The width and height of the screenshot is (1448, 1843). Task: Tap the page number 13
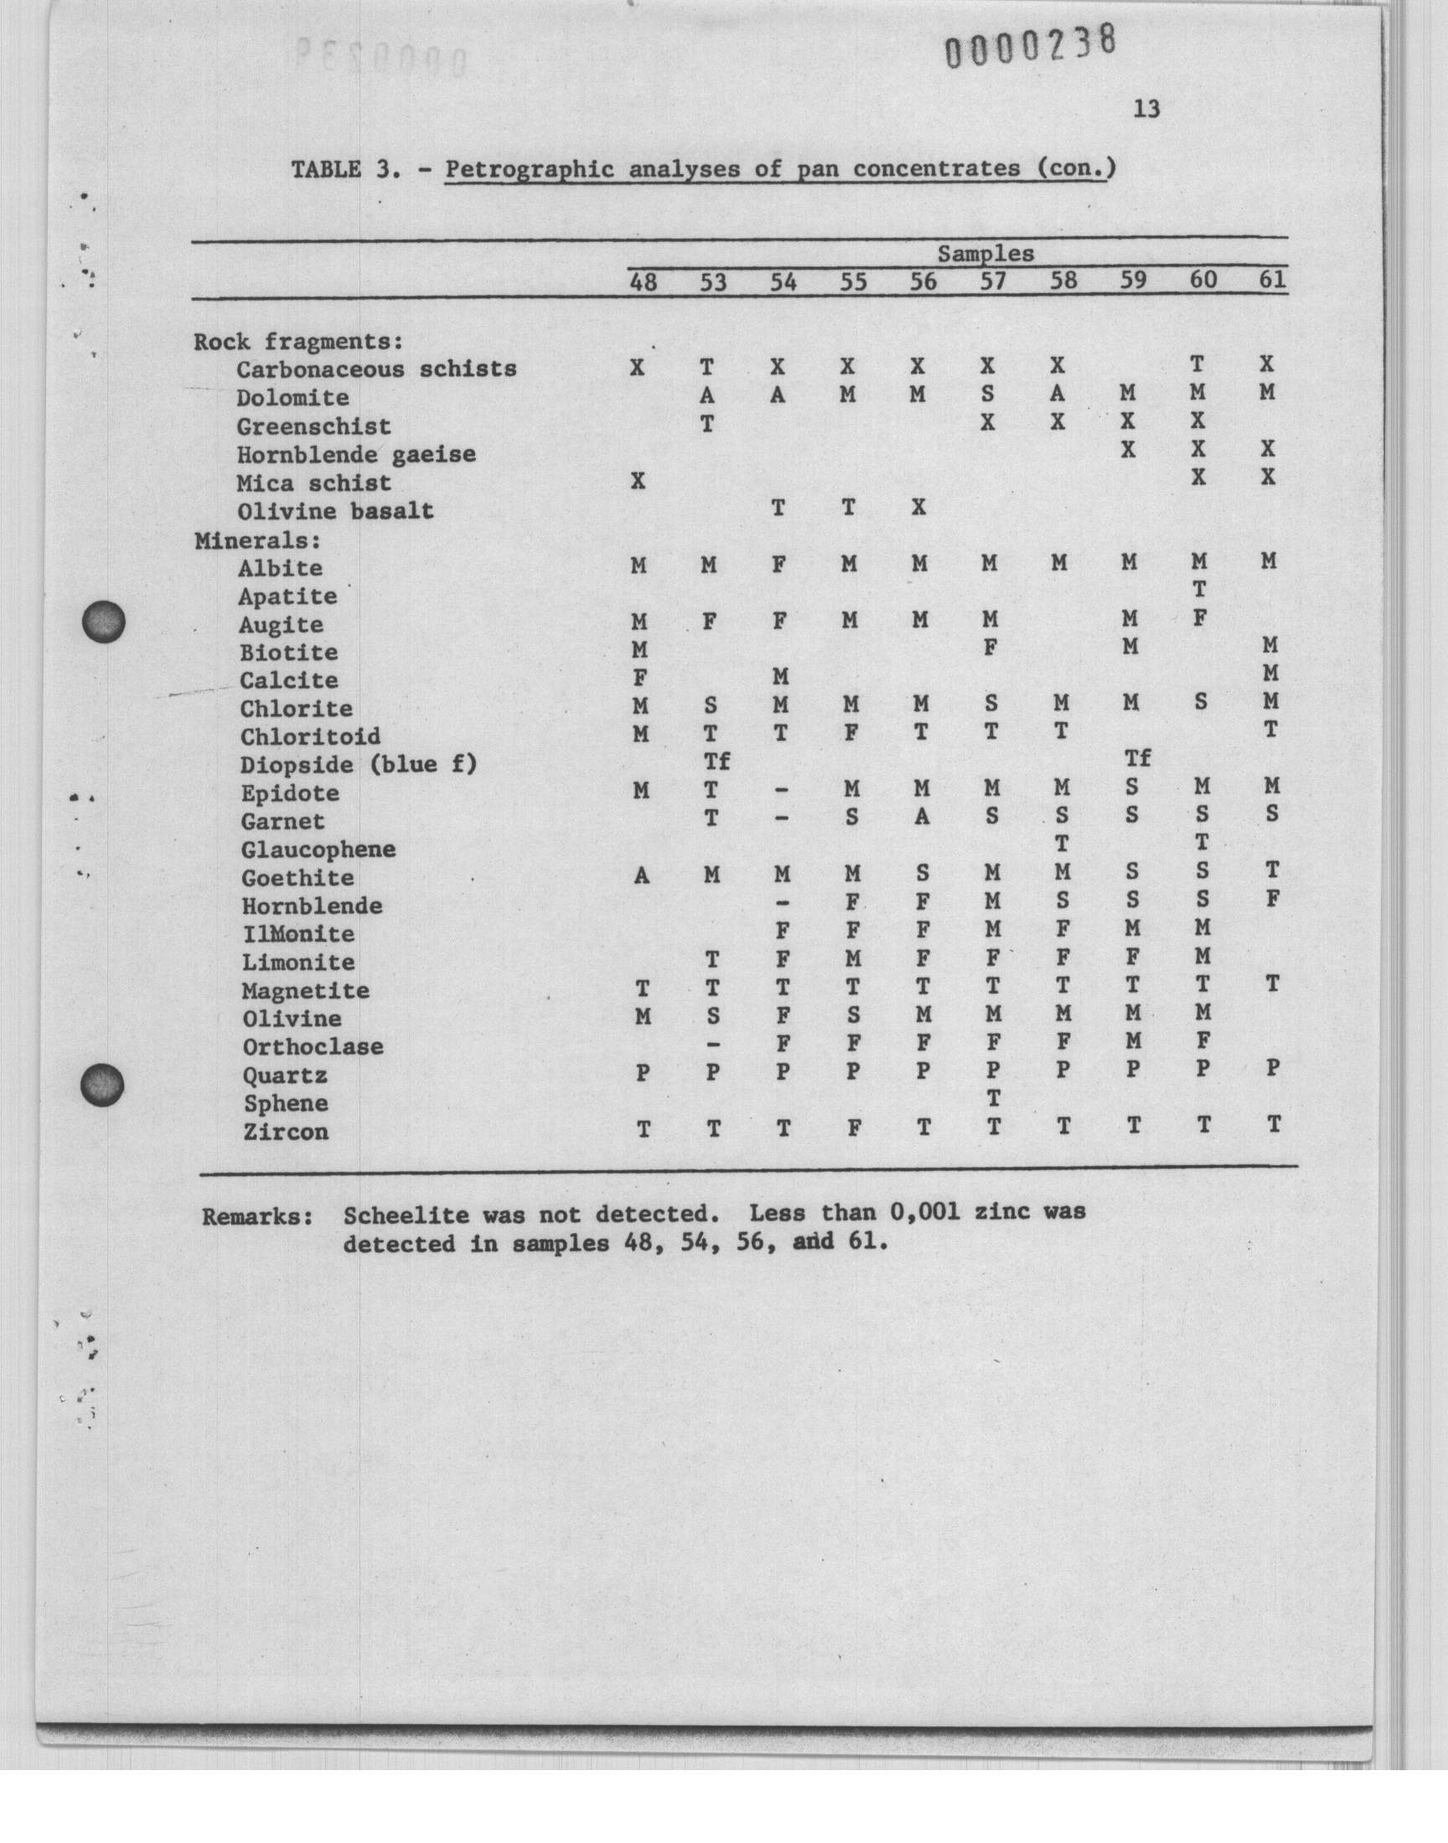coord(1145,109)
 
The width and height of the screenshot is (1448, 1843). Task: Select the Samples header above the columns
coord(985,253)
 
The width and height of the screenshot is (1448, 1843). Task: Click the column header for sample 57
coord(993,281)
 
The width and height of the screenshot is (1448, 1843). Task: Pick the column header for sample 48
coord(644,282)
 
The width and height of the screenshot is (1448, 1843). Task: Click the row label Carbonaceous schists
coord(376,369)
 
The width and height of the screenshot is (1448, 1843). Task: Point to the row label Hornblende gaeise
coord(356,455)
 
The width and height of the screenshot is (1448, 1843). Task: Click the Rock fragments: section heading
coord(297,342)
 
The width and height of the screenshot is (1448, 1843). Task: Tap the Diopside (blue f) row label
coord(358,765)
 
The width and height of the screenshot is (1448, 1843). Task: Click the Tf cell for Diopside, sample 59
coord(1137,758)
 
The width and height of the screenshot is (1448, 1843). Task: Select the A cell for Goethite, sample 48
coord(642,876)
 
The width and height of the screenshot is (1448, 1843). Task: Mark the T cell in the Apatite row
coord(1199,589)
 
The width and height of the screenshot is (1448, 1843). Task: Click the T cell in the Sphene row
coord(994,1099)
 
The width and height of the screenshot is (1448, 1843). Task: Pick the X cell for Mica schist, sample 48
coord(639,482)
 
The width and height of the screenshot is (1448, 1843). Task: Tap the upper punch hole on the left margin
coord(103,622)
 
